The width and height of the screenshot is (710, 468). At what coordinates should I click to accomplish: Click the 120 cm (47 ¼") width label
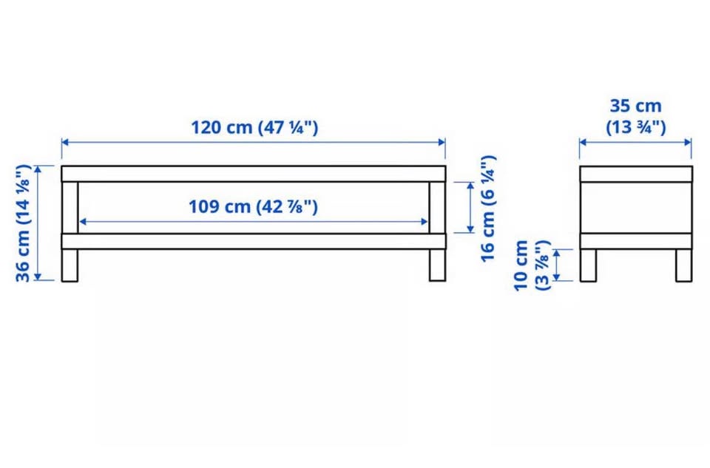tap(254, 127)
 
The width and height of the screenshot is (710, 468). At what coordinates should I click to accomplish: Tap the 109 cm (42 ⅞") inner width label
tap(253, 206)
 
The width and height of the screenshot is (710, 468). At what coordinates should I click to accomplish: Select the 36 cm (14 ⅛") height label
tap(23, 223)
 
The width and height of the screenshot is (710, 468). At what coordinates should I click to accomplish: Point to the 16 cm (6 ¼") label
tap(488, 208)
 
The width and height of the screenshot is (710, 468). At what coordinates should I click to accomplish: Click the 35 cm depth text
tap(636, 106)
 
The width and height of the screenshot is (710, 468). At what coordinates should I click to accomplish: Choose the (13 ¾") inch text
tap(636, 127)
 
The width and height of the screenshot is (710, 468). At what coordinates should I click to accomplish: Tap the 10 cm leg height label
tap(521, 265)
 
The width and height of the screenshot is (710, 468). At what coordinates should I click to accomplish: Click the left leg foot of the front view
tap(70, 265)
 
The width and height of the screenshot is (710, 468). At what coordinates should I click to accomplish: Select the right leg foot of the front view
tap(437, 265)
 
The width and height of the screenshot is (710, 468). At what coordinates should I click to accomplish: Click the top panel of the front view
tap(254, 174)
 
